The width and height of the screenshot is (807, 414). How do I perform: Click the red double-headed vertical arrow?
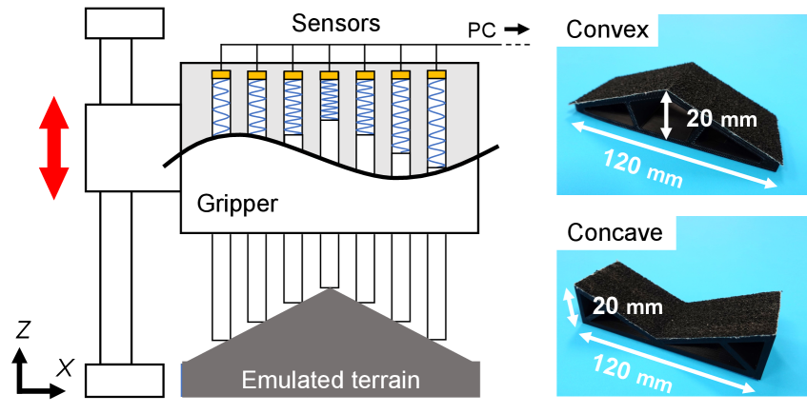[x=53, y=148]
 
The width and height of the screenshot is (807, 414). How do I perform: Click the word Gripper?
[x=236, y=203]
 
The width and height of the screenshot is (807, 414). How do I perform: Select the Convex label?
[x=608, y=30]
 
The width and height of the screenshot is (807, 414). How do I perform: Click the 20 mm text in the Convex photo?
[x=721, y=119]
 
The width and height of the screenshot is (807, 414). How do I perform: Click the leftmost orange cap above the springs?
[x=222, y=74]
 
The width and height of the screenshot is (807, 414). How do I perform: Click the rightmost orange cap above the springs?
[x=436, y=74]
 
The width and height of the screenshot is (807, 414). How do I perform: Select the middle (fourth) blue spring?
[x=329, y=99]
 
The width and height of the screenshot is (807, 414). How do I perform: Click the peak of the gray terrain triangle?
[x=330, y=291]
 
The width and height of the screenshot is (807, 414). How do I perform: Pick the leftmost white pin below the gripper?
[x=221, y=286]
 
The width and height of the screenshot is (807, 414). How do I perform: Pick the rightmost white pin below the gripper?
[x=436, y=286]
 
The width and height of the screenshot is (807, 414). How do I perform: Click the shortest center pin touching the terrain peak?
[x=329, y=259]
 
